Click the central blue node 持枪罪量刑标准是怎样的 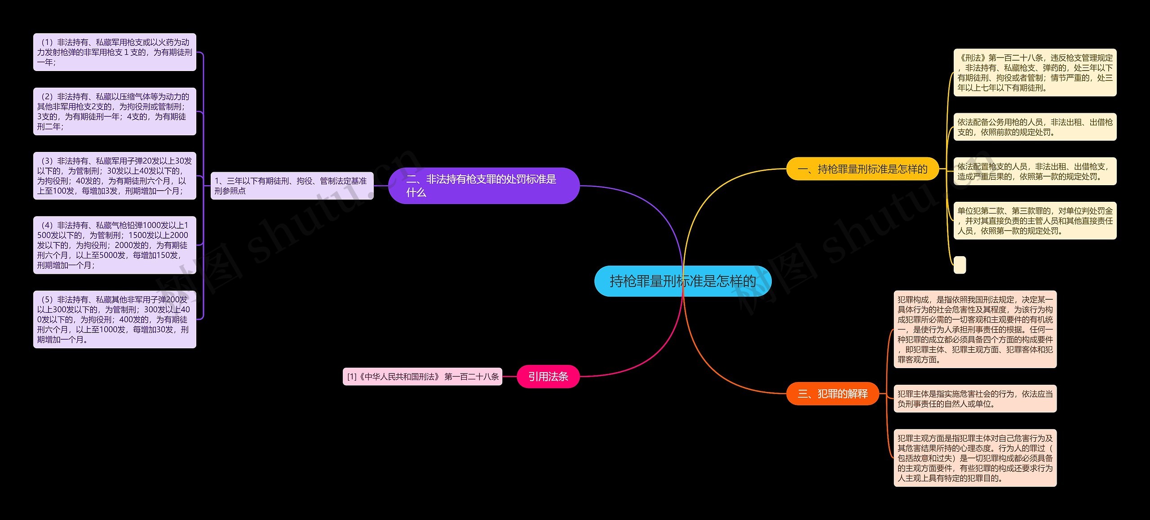click(x=683, y=281)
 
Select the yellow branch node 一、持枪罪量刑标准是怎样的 click(x=862, y=169)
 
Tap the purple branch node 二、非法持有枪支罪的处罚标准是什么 click(x=483, y=186)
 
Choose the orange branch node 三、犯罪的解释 click(x=832, y=394)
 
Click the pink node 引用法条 click(x=548, y=377)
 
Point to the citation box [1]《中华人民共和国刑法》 click(x=422, y=377)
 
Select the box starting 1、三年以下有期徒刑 click(x=292, y=186)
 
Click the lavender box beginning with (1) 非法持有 click(x=115, y=52)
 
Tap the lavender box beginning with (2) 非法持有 click(x=115, y=111)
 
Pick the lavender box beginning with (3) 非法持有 click(x=115, y=176)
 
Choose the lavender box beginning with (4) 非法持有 click(x=115, y=245)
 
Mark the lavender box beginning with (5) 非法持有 click(x=115, y=319)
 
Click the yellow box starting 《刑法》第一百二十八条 click(x=1035, y=72)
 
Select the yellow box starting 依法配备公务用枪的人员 click(x=1035, y=127)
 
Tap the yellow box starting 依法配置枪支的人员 click(x=1035, y=171)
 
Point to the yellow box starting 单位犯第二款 click(x=1035, y=221)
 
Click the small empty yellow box click(x=960, y=265)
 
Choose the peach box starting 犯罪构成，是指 click(x=975, y=329)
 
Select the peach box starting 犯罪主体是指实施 click(x=975, y=399)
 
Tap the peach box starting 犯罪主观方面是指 click(x=975, y=458)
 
